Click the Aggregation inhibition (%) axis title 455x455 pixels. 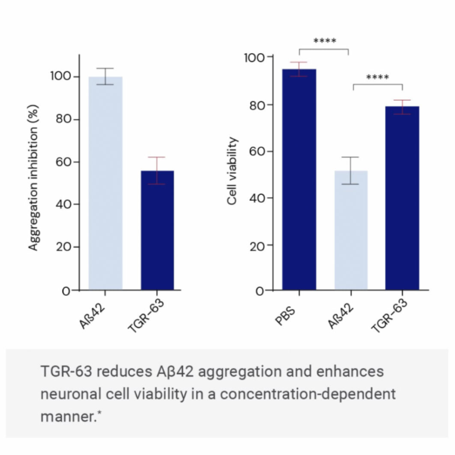[x=34, y=177]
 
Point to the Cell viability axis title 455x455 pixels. [x=232, y=171]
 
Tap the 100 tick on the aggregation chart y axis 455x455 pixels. [x=60, y=76]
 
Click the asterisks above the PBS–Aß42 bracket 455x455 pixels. [x=325, y=41]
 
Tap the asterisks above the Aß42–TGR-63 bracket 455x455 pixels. [x=377, y=78]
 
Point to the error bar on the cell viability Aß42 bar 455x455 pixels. [x=350, y=170]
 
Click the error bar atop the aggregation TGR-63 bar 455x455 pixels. [x=157, y=170]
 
